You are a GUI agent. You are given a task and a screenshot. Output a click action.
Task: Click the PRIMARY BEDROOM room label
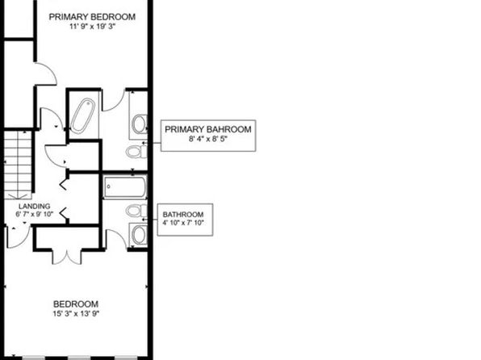pyautogui.click(x=92, y=17)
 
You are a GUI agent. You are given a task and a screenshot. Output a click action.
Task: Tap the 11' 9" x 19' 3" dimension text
pyautogui.click(x=92, y=27)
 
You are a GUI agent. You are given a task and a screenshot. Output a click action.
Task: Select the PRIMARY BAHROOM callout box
pyautogui.click(x=208, y=136)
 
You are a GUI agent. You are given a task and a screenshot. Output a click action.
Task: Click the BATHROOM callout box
pyautogui.click(x=186, y=220)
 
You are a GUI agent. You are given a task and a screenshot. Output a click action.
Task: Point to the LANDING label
pyautogui.click(x=35, y=207)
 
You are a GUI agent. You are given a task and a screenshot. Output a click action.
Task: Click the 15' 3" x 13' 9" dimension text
pyautogui.click(x=76, y=314)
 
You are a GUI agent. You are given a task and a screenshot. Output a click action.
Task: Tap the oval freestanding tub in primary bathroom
pyautogui.click(x=82, y=115)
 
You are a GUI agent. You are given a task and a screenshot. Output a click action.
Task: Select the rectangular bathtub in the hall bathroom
pyautogui.click(x=125, y=187)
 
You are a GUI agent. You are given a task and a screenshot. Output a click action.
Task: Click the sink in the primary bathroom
pyautogui.click(x=140, y=124)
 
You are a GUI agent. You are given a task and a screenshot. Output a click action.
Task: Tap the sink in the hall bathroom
pyautogui.click(x=140, y=235)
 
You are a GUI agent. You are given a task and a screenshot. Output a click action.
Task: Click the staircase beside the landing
pyautogui.click(x=18, y=165)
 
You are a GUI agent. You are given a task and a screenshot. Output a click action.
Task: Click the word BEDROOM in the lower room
pyautogui.click(x=76, y=304)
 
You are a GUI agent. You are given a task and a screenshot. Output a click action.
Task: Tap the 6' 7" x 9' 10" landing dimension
pyautogui.click(x=35, y=214)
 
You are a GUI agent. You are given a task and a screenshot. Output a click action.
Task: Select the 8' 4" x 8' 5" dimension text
pyautogui.click(x=208, y=139)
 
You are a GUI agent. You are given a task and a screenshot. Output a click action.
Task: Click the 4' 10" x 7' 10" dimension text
pyautogui.click(x=183, y=223)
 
